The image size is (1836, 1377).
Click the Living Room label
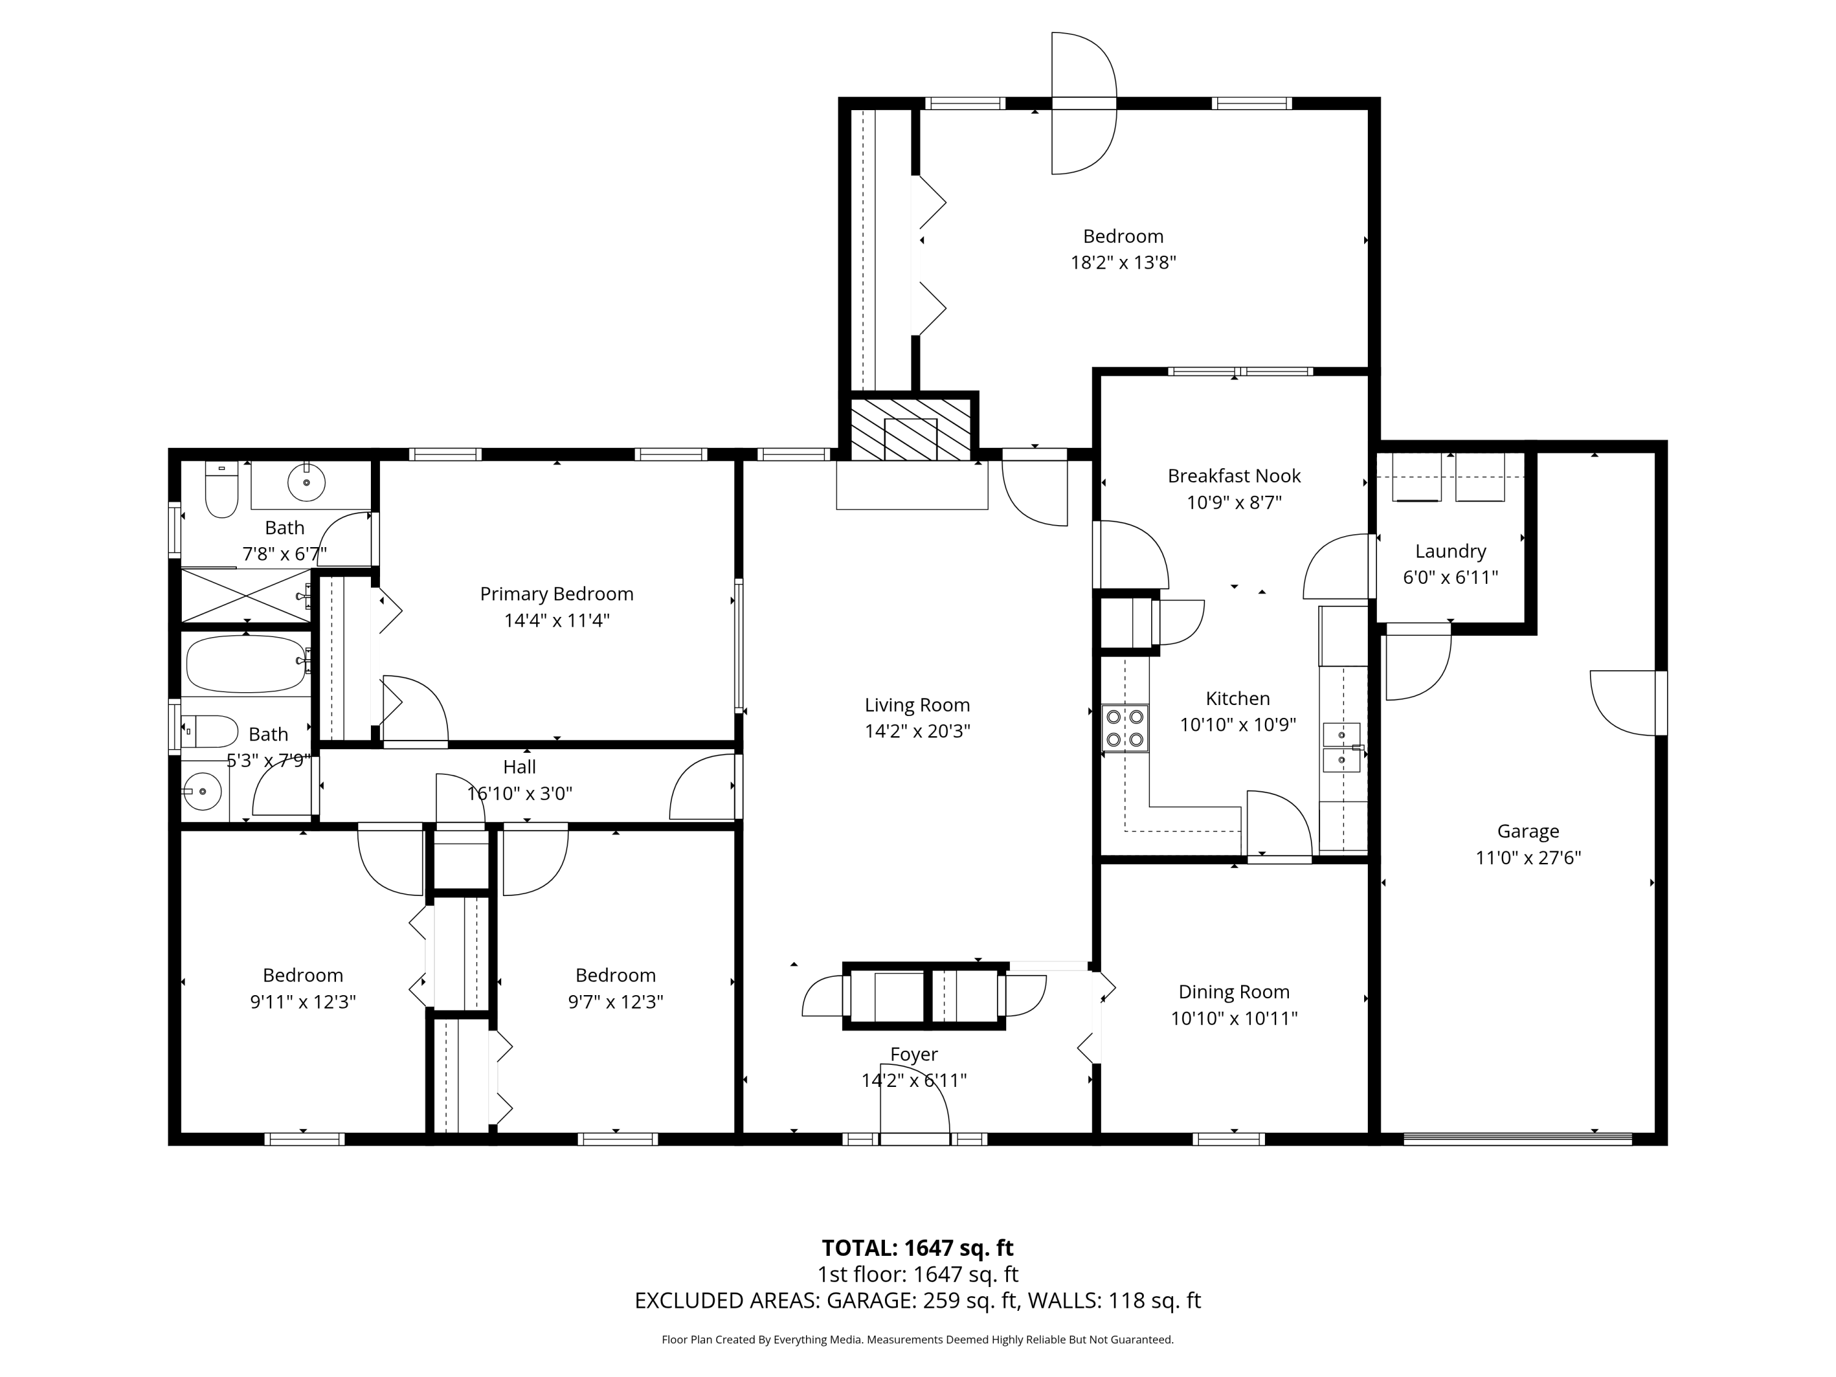pyautogui.click(x=917, y=704)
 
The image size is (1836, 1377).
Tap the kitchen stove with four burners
pyautogui.click(x=1125, y=728)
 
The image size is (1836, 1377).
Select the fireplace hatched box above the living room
pyautogui.click(x=911, y=428)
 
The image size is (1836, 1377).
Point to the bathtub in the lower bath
pyautogui.click(x=245, y=663)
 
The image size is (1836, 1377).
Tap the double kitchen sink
pyautogui.click(x=1342, y=747)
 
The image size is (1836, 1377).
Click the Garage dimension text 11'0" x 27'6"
pyautogui.click(x=1528, y=857)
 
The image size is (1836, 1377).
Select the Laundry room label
pyautogui.click(x=1450, y=551)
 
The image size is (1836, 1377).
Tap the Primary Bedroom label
pyautogui.click(x=556, y=594)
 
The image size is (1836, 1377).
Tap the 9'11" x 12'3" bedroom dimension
pyautogui.click(x=303, y=1002)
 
